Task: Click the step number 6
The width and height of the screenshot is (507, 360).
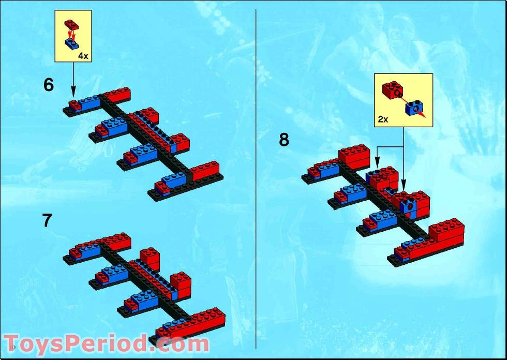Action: coord(49,85)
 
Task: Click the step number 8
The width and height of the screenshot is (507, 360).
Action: coord(284,140)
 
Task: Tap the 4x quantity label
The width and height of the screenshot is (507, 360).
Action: coord(83,56)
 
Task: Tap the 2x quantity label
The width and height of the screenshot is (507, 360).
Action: coord(383,119)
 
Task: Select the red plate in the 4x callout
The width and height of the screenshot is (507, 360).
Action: coord(71,24)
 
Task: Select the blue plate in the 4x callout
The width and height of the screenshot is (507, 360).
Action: coord(72,44)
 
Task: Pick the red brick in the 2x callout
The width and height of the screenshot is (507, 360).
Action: coord(393,90)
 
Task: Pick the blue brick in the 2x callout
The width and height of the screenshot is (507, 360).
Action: coord(414,108)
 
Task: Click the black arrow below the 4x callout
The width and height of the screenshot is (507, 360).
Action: coord(73,80)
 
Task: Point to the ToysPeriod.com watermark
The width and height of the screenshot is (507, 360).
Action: coord(107,343)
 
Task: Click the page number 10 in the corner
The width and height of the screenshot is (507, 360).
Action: coord(13,348)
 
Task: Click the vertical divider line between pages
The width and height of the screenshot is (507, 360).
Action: coord(256,179)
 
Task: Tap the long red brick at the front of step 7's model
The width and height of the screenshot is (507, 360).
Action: coord(191,323)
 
